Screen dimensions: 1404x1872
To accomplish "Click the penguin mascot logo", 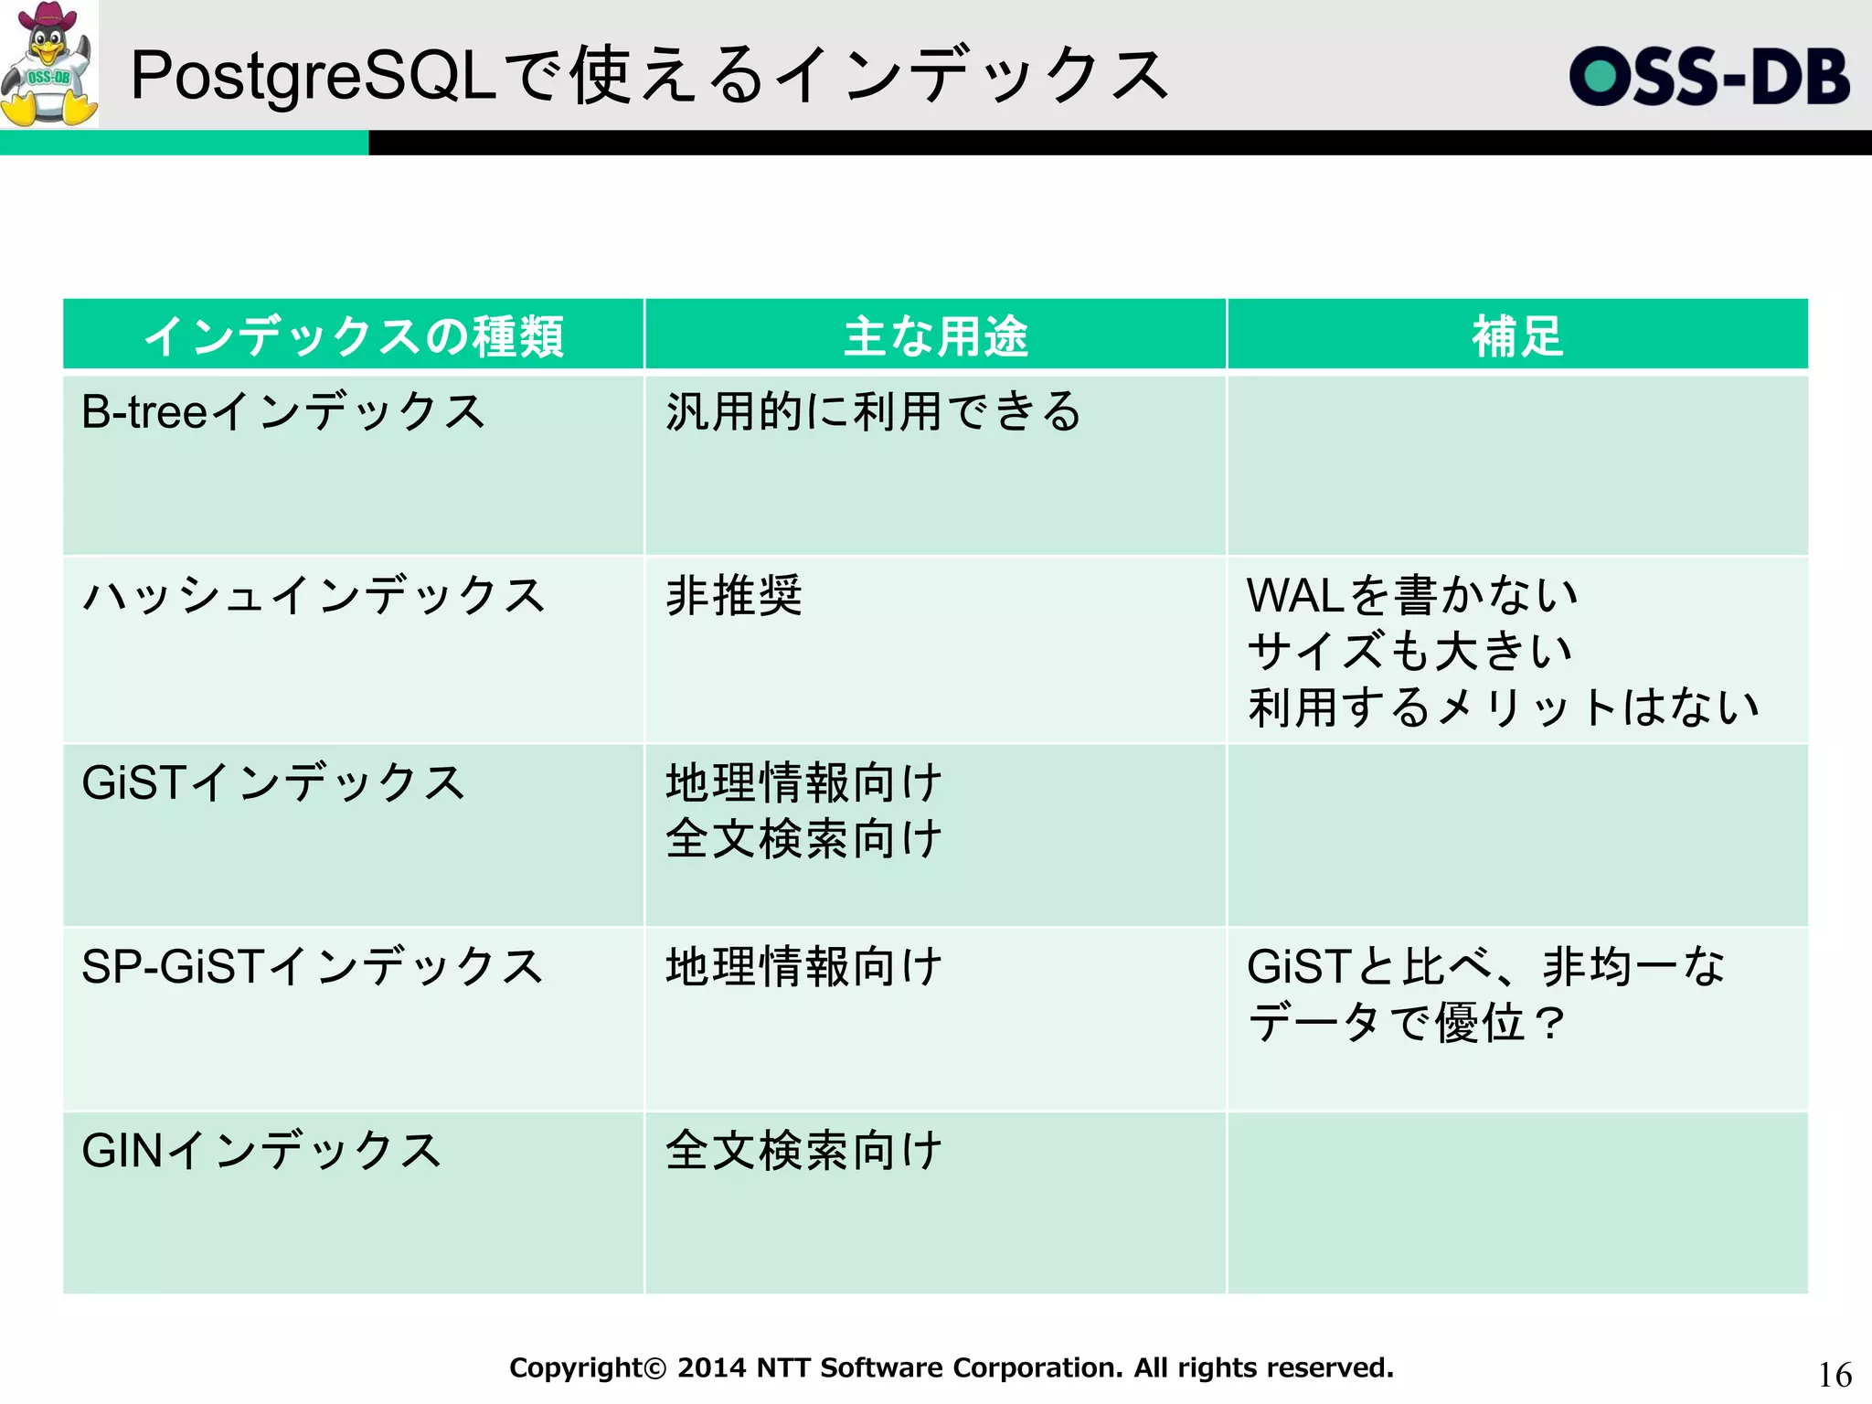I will click(48, 64).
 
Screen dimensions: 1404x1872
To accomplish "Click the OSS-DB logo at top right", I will click(1709, 76).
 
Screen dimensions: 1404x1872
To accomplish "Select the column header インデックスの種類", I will click(354, 335).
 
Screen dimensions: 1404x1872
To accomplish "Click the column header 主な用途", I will click(935, 335).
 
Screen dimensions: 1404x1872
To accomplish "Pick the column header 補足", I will click(1517, 335).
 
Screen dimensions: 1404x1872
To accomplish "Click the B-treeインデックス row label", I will click(283, 411).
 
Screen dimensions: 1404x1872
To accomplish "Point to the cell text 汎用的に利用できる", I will click(873, 411).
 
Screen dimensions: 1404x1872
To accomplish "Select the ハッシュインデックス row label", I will click(314, 596).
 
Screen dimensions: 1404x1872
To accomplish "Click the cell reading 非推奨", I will click(734, 596).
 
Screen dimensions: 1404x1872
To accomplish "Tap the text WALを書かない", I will click(1412, 596).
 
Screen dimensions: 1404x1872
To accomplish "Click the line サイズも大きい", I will click(1409, 652).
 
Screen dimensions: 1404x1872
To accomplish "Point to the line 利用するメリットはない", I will click(1504, 707).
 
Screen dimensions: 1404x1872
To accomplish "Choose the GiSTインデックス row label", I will click(273, 783).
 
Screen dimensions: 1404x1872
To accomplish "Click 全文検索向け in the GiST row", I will click(803, 839).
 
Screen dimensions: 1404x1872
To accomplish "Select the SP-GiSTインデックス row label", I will click(313, 967).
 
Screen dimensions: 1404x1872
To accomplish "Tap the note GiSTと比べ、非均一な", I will click(1485, 967).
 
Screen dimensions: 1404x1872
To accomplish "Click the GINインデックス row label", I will click(261, 1151).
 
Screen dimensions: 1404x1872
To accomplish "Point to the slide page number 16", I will click(1835, 1375).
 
